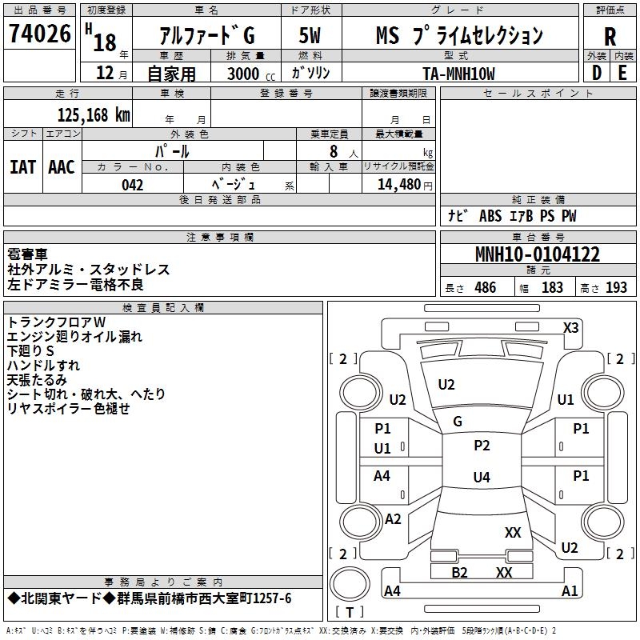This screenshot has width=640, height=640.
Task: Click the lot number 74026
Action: click(x=39, y=34)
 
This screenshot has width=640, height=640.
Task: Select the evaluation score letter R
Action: click(x=610, y=36)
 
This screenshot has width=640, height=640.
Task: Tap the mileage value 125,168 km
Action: click(x=94, y=115)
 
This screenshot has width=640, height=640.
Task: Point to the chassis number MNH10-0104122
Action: click(x=538, y=255)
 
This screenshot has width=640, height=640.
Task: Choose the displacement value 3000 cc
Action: click(x=246, y=74)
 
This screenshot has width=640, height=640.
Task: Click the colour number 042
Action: click(x=133, y=185)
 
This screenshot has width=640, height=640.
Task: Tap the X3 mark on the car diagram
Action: click(x=570, y=327)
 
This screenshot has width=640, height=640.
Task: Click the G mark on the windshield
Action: click(x=458, y=422)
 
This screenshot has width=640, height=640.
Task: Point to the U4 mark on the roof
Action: click(x=481, y=478)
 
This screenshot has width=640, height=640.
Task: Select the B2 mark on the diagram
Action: click(x=459, y=572)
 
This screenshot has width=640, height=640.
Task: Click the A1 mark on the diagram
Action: click(x=570, y=591)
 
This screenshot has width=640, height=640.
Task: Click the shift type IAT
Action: click(x=22, y=166)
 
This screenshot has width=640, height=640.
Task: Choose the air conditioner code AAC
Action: click(x=62, y=166)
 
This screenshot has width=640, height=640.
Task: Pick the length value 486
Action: click(x=485, y=288)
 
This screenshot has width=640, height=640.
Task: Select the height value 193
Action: click(x=616, y=288)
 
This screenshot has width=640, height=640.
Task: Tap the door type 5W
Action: click(x=310, y=35)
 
